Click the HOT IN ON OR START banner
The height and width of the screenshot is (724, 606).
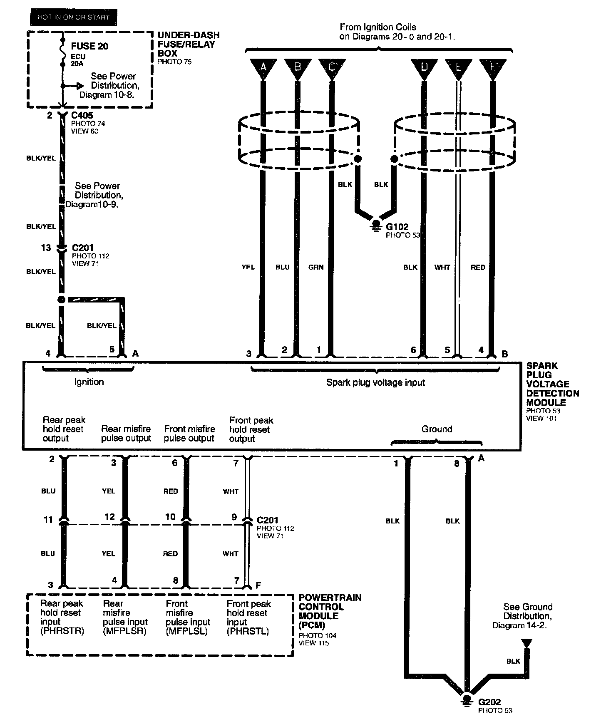[x=73, y=17]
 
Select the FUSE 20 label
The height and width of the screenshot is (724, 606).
[x=89, y=46]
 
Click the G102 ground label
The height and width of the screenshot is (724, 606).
[x=397, y=227]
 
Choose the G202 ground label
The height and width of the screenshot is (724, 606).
[x=489, y=702]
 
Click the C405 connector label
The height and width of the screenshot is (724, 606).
[x=82, y=115]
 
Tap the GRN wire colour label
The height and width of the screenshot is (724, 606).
[x=316, y=267]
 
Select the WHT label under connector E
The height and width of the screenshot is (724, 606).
[x=442, y=267]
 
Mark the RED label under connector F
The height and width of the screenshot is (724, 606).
[x=478, y=267]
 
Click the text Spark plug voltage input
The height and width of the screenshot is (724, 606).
[x=375, y=382]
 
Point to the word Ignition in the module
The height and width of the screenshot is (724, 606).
[x=89, y=382]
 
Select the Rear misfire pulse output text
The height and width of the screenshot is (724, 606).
[x=126, y=434]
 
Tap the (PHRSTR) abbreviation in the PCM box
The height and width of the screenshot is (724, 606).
[x=62, y=631]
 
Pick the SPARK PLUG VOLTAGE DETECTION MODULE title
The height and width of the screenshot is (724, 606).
[x=552, y=384]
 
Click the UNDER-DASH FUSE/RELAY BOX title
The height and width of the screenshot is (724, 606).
[x=188, y=44]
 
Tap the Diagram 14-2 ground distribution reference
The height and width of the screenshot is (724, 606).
[x=519, y=625]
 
